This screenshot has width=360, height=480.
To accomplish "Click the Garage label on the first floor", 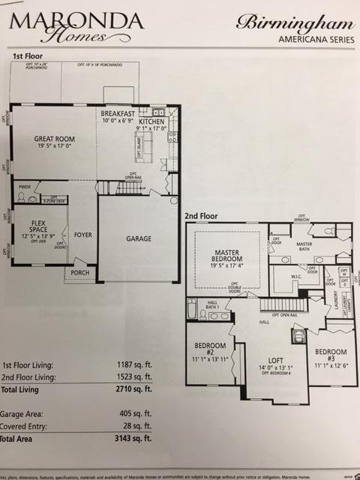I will pyautogui.click(x=138, y=238).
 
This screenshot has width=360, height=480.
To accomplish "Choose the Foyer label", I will pyautogui.click(x=83, y=235).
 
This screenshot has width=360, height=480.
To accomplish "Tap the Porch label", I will pyautogui.click(x=80, y=272).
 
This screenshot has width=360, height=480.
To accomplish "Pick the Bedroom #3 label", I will pyautogui.click(x=331, y=352).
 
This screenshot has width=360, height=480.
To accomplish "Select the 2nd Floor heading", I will pyautogui.click(x=201, y=216).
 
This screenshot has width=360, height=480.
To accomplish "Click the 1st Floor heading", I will pyautogui.click(x=28, y=56).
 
